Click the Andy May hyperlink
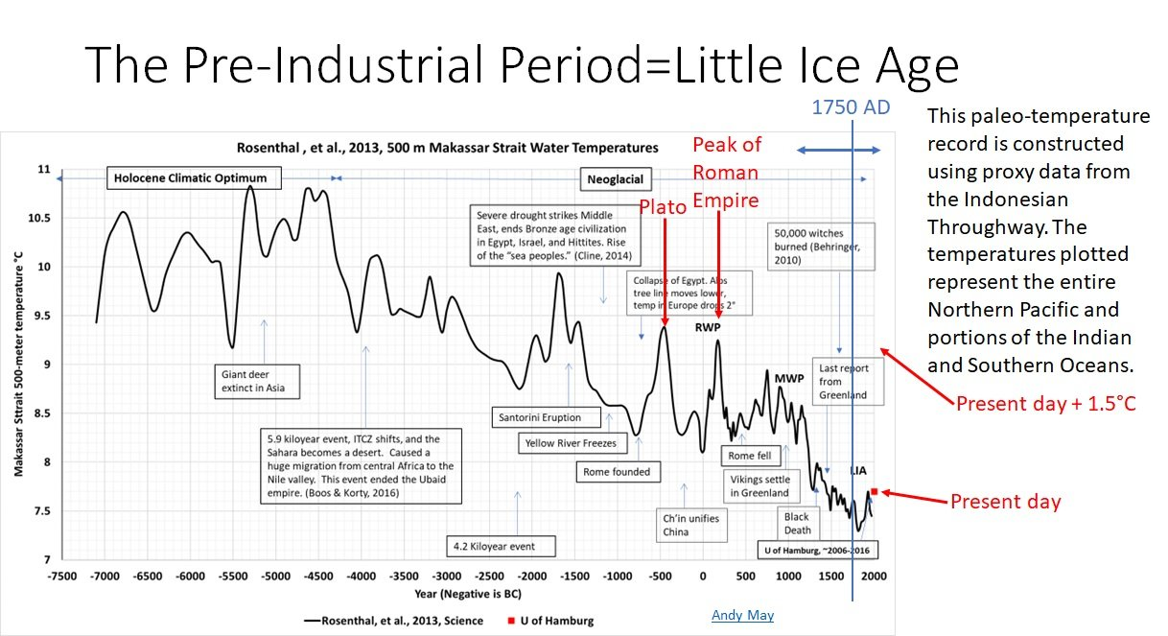(742, 615)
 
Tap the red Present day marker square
(874, 491)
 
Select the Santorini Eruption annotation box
(539, 417)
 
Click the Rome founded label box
(617, 471)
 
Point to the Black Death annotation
(797, 523)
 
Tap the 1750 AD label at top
(851, 108)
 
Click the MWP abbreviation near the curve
(788, 378)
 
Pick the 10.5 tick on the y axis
(38, 218)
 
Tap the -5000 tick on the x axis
(276, 576)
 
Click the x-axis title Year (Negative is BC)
(462, 594)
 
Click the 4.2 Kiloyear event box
(494, 546)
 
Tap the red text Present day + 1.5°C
(1046, 404)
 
